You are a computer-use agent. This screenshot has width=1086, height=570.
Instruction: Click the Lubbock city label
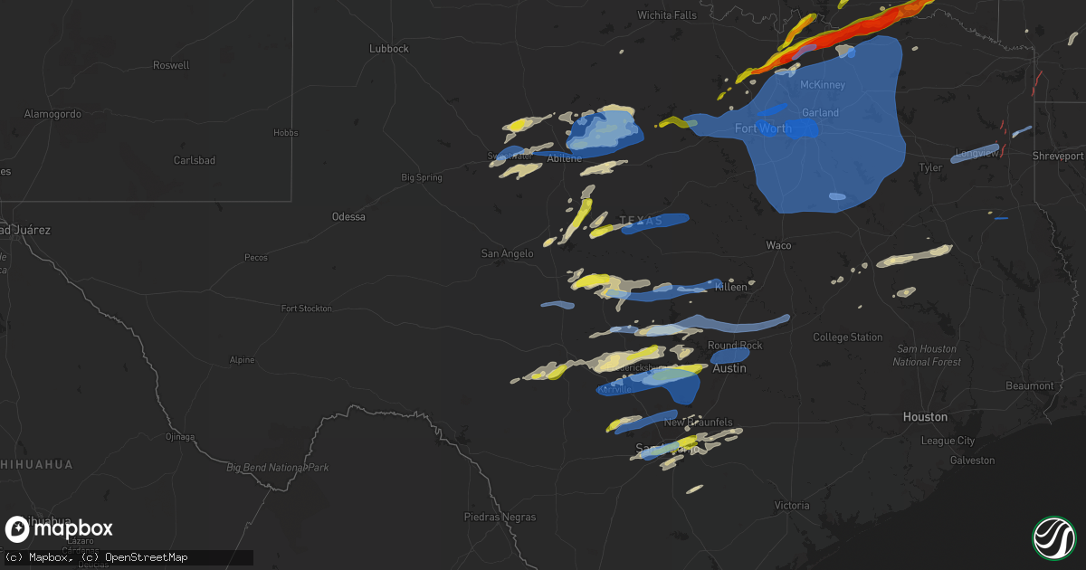point(389,49)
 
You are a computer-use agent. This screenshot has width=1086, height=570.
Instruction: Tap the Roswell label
point(172,66)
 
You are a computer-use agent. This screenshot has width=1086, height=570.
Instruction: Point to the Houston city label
point(925,417)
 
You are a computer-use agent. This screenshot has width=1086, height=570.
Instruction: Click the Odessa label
point(348,217)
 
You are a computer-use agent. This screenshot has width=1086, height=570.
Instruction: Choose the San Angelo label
point(507,254)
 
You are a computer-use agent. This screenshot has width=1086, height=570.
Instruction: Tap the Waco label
point(778,246)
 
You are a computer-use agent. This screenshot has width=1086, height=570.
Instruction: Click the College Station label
point(847,337)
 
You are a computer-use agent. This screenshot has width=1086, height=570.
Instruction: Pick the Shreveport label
point(1058,157)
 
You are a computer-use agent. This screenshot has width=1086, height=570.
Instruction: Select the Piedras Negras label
point(500,518)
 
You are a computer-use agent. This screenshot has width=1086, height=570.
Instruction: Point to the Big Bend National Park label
point(277,468)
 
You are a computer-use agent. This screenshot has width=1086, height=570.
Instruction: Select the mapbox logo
point(60,529)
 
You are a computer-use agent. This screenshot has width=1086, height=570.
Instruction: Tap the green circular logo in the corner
point(1053,537)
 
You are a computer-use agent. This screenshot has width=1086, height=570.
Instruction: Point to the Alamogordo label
point(52,114)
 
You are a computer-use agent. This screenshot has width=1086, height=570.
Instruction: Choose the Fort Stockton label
point(307,309)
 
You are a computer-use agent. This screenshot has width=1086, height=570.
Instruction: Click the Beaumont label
point(1030,386)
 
